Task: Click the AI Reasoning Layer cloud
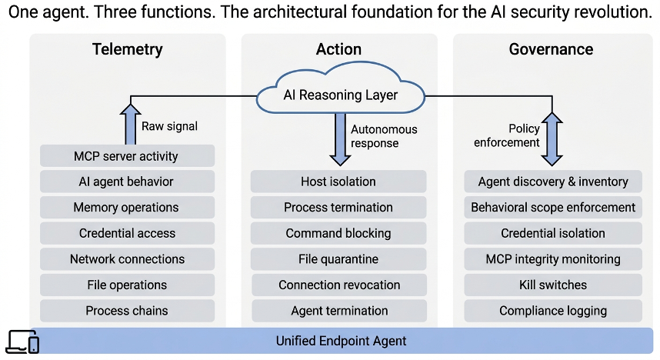pos(340,89)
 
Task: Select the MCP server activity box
pos(127,156)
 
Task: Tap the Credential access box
pos(127,233)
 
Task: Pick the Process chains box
pos(127,310)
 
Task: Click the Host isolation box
pos(338,182)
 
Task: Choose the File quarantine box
pos(338,258)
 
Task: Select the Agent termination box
pos(339,310)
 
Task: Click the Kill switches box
pos(553,285)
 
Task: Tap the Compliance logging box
pos(553,310)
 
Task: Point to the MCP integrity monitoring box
pos(553,258)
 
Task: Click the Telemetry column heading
pos(128,49)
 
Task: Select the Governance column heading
pos(551,49)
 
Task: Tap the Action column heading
pos(338,49)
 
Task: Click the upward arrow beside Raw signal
pos(131,124)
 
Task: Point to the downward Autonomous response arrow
pos(340,139)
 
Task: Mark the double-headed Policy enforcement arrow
pos(552,139)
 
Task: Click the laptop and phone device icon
pos(23,342)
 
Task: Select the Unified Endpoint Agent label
pos(341,341)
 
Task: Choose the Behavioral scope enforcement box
pos(553,207)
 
